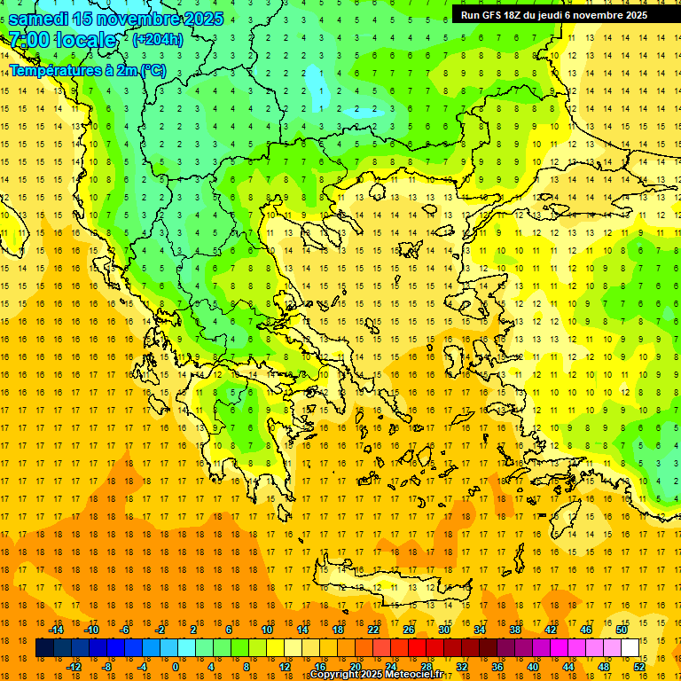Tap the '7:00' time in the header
[26, 40]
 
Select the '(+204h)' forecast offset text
[158, 39]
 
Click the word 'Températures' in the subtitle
[51, 70]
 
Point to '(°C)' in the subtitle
[149, 70]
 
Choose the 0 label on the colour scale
[175, 667]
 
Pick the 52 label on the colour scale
[639, 667]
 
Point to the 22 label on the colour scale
[373, 630]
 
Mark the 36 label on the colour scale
[497, 667]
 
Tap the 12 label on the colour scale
[285, 667]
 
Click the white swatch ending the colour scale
[630, 648]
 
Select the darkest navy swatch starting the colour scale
[45, 648]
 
